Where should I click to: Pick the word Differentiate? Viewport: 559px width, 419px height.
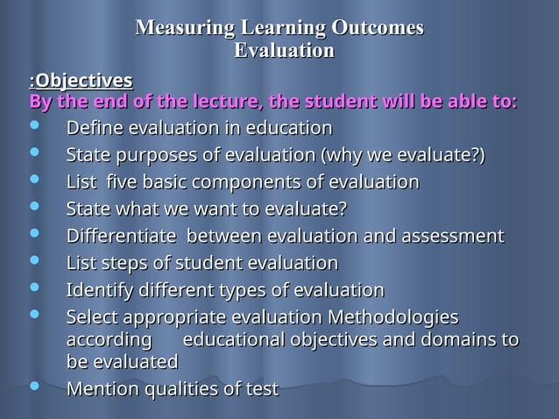tap(122, 236)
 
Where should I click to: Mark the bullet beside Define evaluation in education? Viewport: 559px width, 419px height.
tap(34, 128)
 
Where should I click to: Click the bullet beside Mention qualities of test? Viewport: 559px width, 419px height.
tap(34, 387)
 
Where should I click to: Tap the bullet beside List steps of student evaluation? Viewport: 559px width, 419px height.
tap(34, 262)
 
